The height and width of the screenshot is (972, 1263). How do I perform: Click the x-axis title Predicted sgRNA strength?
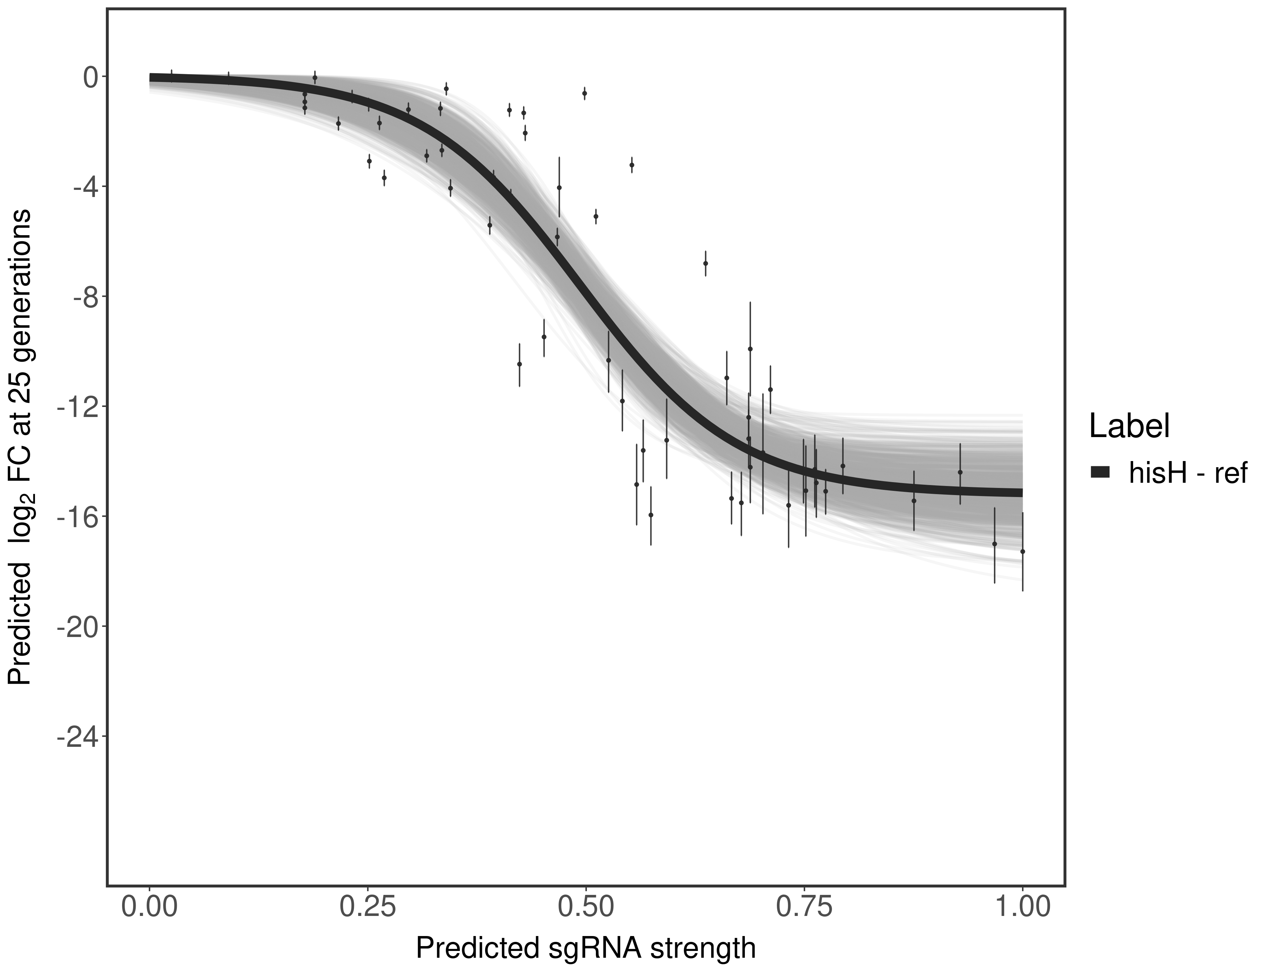[586, 949]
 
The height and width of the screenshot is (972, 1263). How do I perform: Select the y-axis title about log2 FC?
[20, 447]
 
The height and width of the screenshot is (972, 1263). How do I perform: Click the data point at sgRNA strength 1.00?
[1022, 551]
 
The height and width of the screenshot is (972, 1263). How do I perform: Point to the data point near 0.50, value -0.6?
[585, 93]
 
